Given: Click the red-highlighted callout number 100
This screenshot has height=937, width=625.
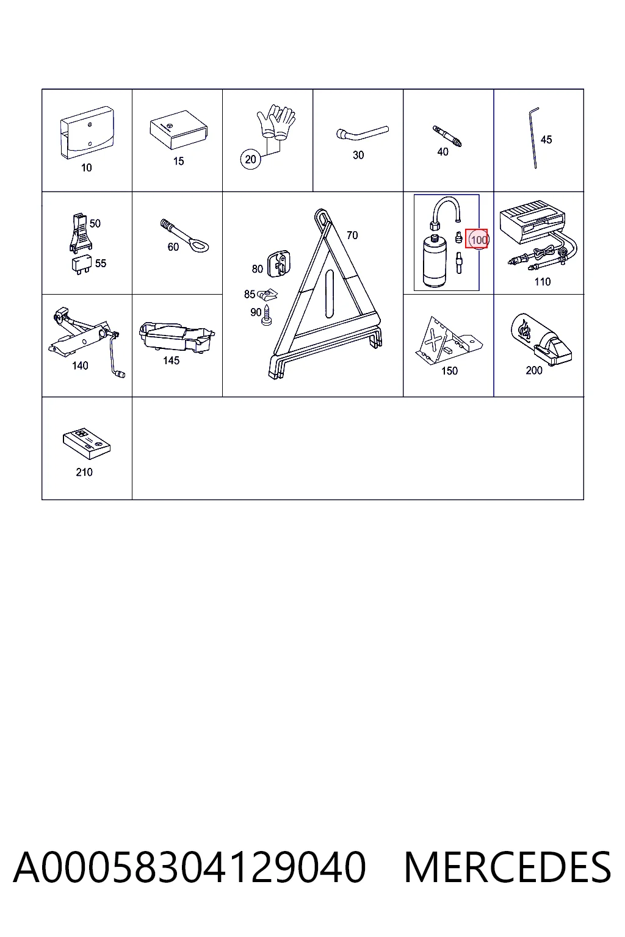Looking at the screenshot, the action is (477, 239).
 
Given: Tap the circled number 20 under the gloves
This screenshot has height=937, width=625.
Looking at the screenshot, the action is (250, 159).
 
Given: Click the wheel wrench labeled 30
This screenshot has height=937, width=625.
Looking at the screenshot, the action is (362, 134).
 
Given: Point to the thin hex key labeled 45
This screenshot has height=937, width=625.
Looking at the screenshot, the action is (532, 138).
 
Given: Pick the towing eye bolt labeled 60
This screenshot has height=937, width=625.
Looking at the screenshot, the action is (184, 236).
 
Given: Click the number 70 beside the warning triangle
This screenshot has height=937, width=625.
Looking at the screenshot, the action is (352, 235).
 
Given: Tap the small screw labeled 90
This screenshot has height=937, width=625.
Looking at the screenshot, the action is (266, 315).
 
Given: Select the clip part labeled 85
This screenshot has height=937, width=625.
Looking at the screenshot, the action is (267, 295).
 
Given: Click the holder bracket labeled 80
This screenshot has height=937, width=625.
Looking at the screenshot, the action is (279, 264).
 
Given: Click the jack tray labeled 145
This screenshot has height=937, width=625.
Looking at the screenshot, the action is (177, 336).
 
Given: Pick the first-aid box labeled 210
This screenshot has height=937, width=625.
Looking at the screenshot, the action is (87, 443).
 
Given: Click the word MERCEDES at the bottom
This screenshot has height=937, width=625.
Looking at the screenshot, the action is (507, 867).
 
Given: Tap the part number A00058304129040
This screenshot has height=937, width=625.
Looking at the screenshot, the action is (190, 867).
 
